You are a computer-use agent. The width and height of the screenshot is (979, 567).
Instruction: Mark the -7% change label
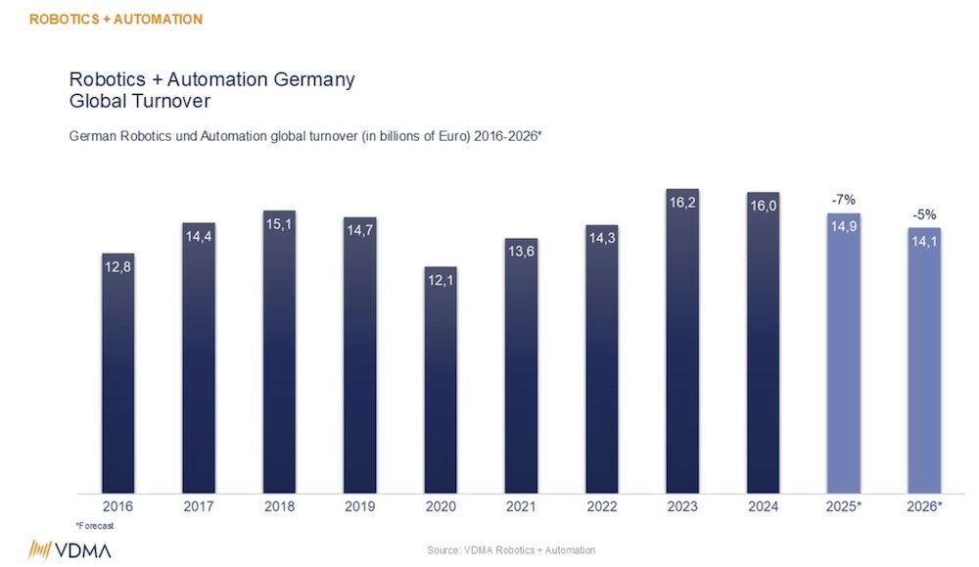point(843,200)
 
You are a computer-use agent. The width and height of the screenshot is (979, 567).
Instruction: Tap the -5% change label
point(923,214)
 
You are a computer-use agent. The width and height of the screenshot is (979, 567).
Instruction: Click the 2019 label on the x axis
point(359,507)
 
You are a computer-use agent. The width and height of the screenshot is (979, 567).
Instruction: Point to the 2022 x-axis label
point(601,507)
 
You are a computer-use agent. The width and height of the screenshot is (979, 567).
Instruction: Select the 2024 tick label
point(763,507)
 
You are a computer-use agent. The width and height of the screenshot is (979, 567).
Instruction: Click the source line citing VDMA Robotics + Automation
point(510,550)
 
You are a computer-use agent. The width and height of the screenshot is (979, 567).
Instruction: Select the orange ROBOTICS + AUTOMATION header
point(116,19)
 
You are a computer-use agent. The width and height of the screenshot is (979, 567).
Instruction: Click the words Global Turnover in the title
point(140,100)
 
